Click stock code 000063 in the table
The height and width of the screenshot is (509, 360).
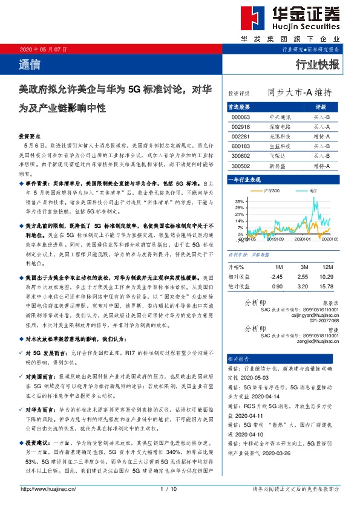(x=241, y=116)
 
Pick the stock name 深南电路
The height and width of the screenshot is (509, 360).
(x=279, y=127)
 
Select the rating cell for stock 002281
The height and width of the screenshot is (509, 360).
(x=321, y=137)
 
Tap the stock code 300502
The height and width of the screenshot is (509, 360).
(x=241, y=166)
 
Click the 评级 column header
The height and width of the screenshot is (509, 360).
(x=321, y=106)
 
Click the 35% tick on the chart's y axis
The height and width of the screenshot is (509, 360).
(x=240, y=201)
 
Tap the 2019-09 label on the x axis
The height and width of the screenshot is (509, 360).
(x=276, y=239)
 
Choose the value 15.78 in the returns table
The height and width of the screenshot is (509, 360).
(x=327, y=286)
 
